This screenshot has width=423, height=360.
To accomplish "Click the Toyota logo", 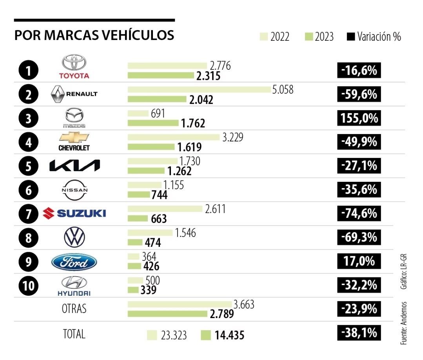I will click(74, 67).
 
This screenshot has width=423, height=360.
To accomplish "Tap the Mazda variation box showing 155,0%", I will click(359, 118).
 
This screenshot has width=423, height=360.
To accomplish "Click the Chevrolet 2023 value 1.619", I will click(189, 147).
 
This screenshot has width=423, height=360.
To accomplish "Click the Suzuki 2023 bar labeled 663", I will click(138, 219).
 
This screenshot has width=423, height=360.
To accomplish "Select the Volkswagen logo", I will click(74, 237).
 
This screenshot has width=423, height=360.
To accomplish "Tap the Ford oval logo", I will click(74, 262).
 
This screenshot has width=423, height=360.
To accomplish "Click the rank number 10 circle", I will click(28, 285).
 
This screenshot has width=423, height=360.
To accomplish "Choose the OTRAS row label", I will click(74, 309).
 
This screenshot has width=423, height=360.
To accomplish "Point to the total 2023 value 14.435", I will click(229, 336).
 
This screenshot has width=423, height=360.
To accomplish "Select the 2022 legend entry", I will click(275, 37).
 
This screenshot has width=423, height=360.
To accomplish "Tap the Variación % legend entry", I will click(374, 37).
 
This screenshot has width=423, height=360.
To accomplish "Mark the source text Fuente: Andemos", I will click(403, 323).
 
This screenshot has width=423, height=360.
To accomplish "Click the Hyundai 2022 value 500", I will click(152, 280).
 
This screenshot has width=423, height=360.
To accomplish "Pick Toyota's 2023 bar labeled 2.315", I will click(161, 75).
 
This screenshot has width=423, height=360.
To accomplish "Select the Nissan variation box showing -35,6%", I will click(359, 190).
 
